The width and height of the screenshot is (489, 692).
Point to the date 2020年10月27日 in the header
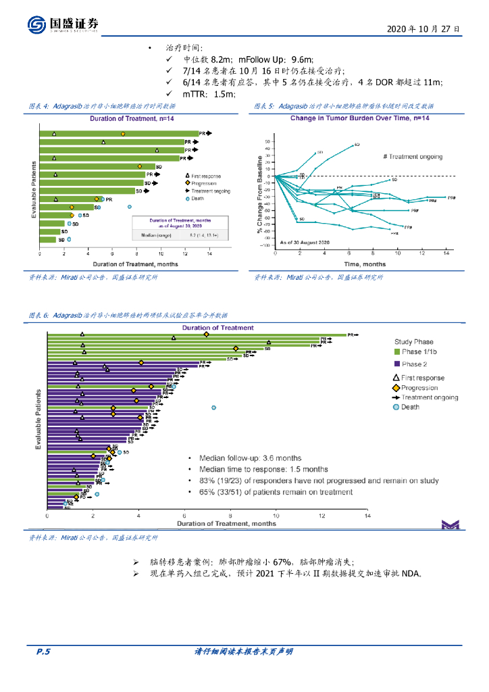point(424,30)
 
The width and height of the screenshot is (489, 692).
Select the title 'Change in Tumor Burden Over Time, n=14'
point(360,118)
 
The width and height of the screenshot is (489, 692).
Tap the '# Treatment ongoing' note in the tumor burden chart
point(413,157)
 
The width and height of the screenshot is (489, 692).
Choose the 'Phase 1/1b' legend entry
point(419,352)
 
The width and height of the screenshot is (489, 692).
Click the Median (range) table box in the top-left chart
point(180,228)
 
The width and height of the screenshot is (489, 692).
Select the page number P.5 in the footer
point(44,651)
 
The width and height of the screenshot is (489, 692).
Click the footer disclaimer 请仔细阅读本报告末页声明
point(243,651)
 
